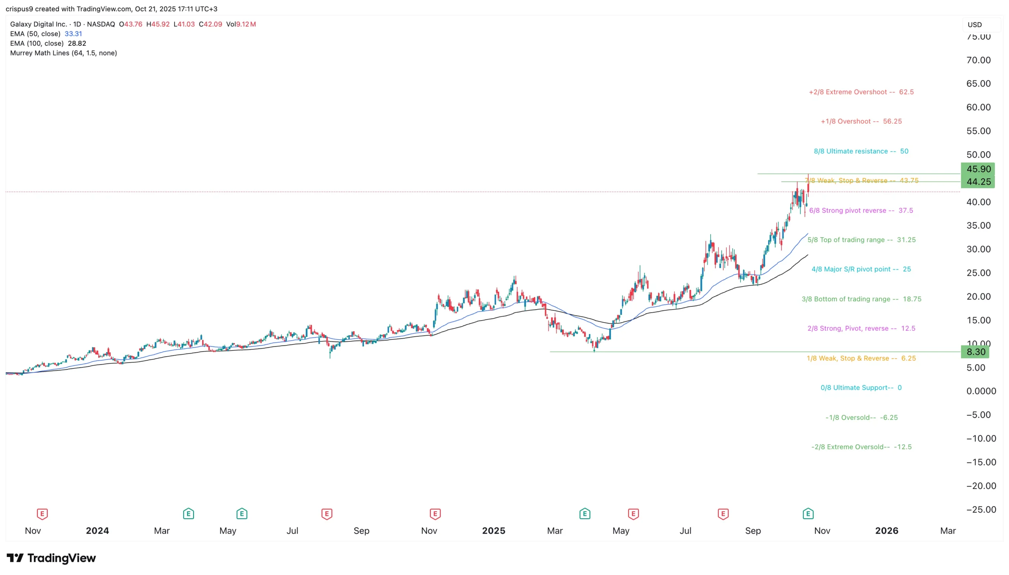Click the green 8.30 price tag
click(x=975, y=352)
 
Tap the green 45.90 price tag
click(x=978, y=169)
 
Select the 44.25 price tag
click(x=978, y=182)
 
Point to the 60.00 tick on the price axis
click(x=978, y=108)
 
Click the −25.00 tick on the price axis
click(x=981, y=510)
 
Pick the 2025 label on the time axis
click(x=493, y=531)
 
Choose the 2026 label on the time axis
click(x=886, y=531)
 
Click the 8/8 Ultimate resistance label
click(x=861, y=151)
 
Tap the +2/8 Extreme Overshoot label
click(x=861, y=92)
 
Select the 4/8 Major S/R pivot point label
click(x=861, y=269)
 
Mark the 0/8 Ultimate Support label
click(x=861, y=388)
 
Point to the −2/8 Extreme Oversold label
click(x=861, y=447)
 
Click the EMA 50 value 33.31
click(x=73, y=34)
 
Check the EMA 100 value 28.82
click(x=77, y=43)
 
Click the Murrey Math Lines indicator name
click(x=63, y=53)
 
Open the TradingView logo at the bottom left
click(x=51, y=558)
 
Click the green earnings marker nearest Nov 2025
click(x=808, y=514)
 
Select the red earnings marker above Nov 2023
click(x=42, y=514)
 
